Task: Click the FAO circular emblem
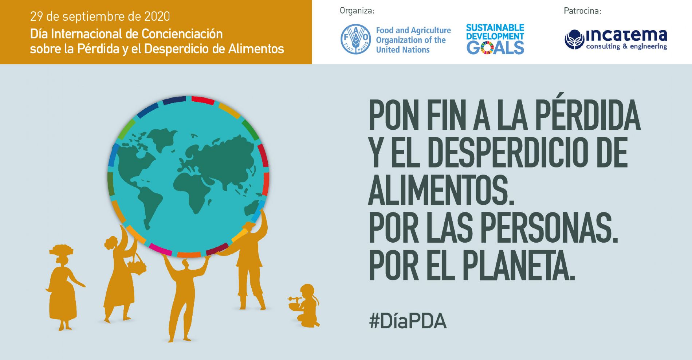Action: tap(356, 39)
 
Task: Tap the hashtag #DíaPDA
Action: tap(408, 321)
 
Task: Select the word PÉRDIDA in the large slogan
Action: tap(587, 115)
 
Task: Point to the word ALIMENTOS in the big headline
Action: tap(441, 190)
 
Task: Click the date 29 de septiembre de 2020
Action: tap(100, 16)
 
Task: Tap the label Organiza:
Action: tap(357, 11)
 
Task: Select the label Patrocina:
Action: tap(582, 11)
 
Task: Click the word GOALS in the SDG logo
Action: tap(495, 48)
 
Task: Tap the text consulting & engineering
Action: tap(626, 46)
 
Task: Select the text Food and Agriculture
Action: tap(413, 30)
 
